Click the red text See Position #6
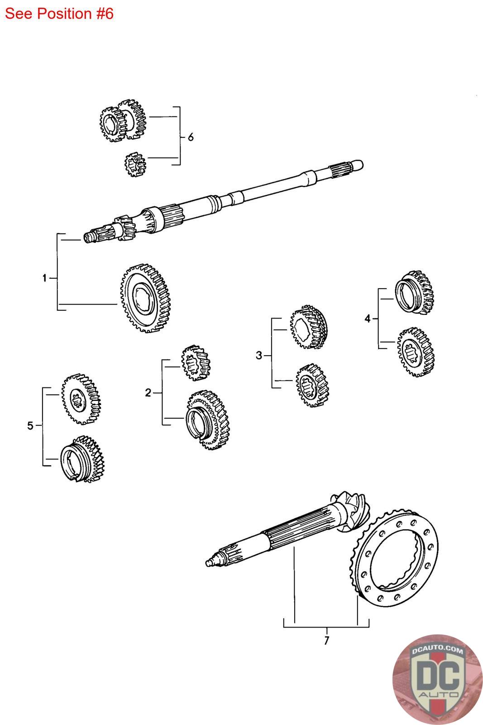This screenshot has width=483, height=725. click(59, 14)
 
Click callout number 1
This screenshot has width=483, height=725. click(44, 278)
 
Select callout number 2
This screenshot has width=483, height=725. click(148, 393)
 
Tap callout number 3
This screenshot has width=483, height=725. click(258, 356)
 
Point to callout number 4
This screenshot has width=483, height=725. click(368, 319)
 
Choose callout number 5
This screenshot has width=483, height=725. click(30, 425)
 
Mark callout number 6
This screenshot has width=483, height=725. click(191, 136)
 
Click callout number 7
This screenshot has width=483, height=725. click(326, 641)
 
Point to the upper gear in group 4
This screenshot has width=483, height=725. click(415, 294)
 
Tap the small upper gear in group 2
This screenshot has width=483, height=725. click(196, 362)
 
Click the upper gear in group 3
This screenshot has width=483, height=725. click(308, 328)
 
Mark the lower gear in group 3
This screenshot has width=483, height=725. click(312, 385)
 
